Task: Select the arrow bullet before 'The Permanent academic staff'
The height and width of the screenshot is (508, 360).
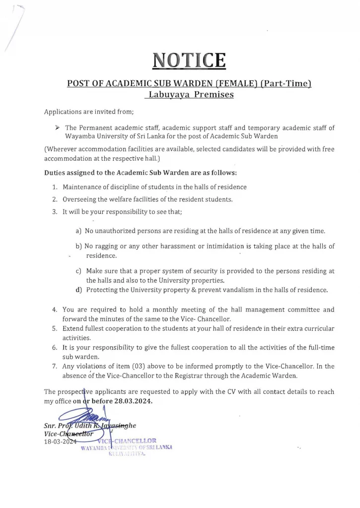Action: pos(57,127)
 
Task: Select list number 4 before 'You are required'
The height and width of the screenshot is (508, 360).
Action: pos(55,310)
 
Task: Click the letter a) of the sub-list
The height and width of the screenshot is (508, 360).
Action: pos(78,231)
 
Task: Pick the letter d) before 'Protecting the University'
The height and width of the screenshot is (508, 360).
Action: pos(78,290)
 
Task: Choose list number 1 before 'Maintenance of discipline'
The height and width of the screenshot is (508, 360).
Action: pos(55,187)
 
